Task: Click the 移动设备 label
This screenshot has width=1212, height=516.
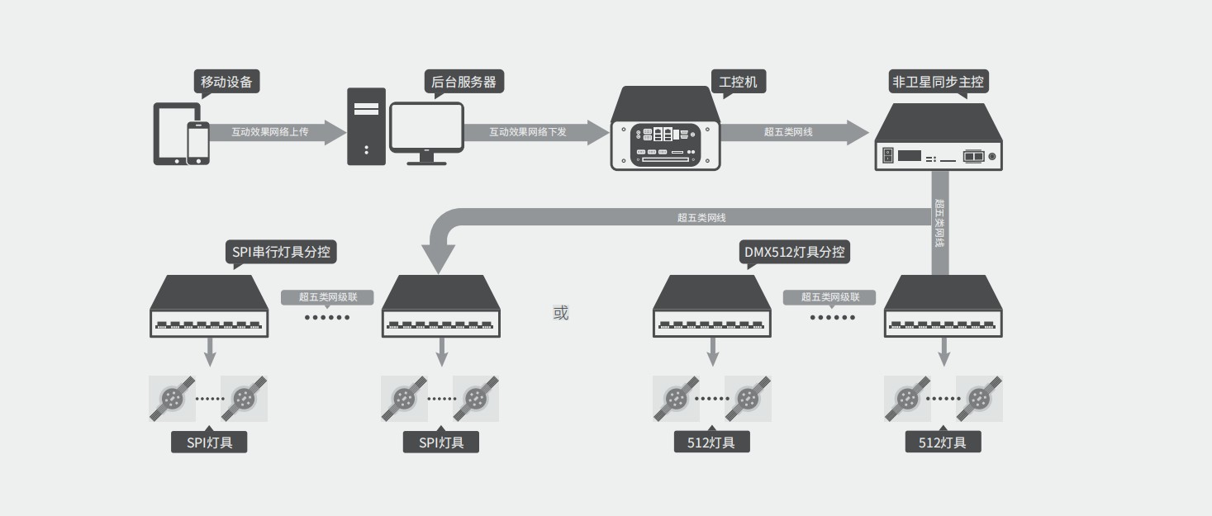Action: pos(227,82)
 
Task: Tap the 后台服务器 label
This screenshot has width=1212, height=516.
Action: pos(463,82)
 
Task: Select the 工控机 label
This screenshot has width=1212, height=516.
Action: pos(738,82)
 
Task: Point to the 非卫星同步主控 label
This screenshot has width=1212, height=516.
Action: pos(938,82)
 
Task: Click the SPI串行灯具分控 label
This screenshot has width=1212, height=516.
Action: pos(281,252)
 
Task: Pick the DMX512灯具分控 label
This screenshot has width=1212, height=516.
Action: pos(794,252)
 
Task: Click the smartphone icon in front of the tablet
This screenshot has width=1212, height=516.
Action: pos(197,144)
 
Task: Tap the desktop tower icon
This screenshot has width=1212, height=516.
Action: pos(366,126)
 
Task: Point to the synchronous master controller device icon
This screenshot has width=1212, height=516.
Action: pos(938,139)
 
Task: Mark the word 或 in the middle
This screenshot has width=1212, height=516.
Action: pos(561,313)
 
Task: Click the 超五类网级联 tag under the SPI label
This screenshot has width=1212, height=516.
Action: pos(326,297)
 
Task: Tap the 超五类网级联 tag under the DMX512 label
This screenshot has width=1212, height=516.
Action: pos(831,297)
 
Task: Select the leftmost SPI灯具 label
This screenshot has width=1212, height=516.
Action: pos(209,443)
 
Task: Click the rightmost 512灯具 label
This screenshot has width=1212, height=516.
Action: pos(943,443)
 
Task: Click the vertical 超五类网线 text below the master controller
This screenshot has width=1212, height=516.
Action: pos(939,223)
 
